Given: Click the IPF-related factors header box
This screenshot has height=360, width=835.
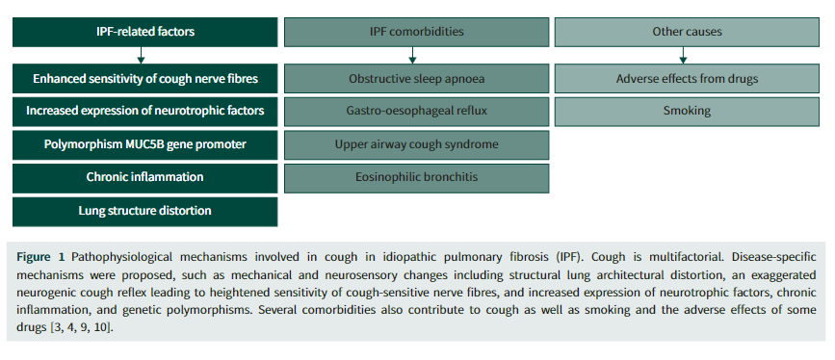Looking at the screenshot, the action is pyautogui.click(x=144, y=32).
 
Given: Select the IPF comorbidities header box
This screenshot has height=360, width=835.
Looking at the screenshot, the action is pyautogui.click(x=416, y=32).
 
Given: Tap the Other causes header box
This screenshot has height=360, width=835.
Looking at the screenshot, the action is pyautogui.click(x=687, y=32).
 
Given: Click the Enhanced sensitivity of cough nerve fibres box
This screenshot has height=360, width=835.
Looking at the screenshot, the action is pyautogui.click(x=144, y=79).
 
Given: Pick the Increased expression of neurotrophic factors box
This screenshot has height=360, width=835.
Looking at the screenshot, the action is pyautogui.click(x=144, y=112).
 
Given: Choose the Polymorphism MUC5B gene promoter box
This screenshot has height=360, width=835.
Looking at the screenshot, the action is pyautogui.click(x=144, y=144).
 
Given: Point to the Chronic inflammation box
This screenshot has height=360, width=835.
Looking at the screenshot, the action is pyautogui.click(x=144, y=178).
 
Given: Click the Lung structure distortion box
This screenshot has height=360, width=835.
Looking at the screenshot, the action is pyautogui.click(x=144, y=212).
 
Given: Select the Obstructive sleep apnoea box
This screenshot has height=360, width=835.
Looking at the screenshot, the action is pyautogui.click(x=416, y=79).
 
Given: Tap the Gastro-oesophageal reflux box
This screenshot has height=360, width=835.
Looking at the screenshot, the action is pyautogui.click(x=416, y=112).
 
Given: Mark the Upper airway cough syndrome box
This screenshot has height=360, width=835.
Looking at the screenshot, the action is pyautogui.click(x=416, y=144).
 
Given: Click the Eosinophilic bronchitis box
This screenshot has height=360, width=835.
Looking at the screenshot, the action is pyautogui.click(x=416, y=178).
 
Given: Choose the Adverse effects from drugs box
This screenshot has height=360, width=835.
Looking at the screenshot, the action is pyautogui.click(x=687, y=79).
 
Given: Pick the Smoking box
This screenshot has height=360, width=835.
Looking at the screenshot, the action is pyautogui.click(x=687, y=112).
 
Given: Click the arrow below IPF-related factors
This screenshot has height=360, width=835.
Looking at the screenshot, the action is pyautogui.click(x=142, y=56).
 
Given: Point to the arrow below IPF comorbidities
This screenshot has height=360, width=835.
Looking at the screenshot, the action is pyautogui.click(x=412, y=56).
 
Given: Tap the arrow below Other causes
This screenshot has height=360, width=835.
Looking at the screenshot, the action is pyautogui.click(x=683, y=56).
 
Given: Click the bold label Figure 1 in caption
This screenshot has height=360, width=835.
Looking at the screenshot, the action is pyautogui.click(x=40, y=257).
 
